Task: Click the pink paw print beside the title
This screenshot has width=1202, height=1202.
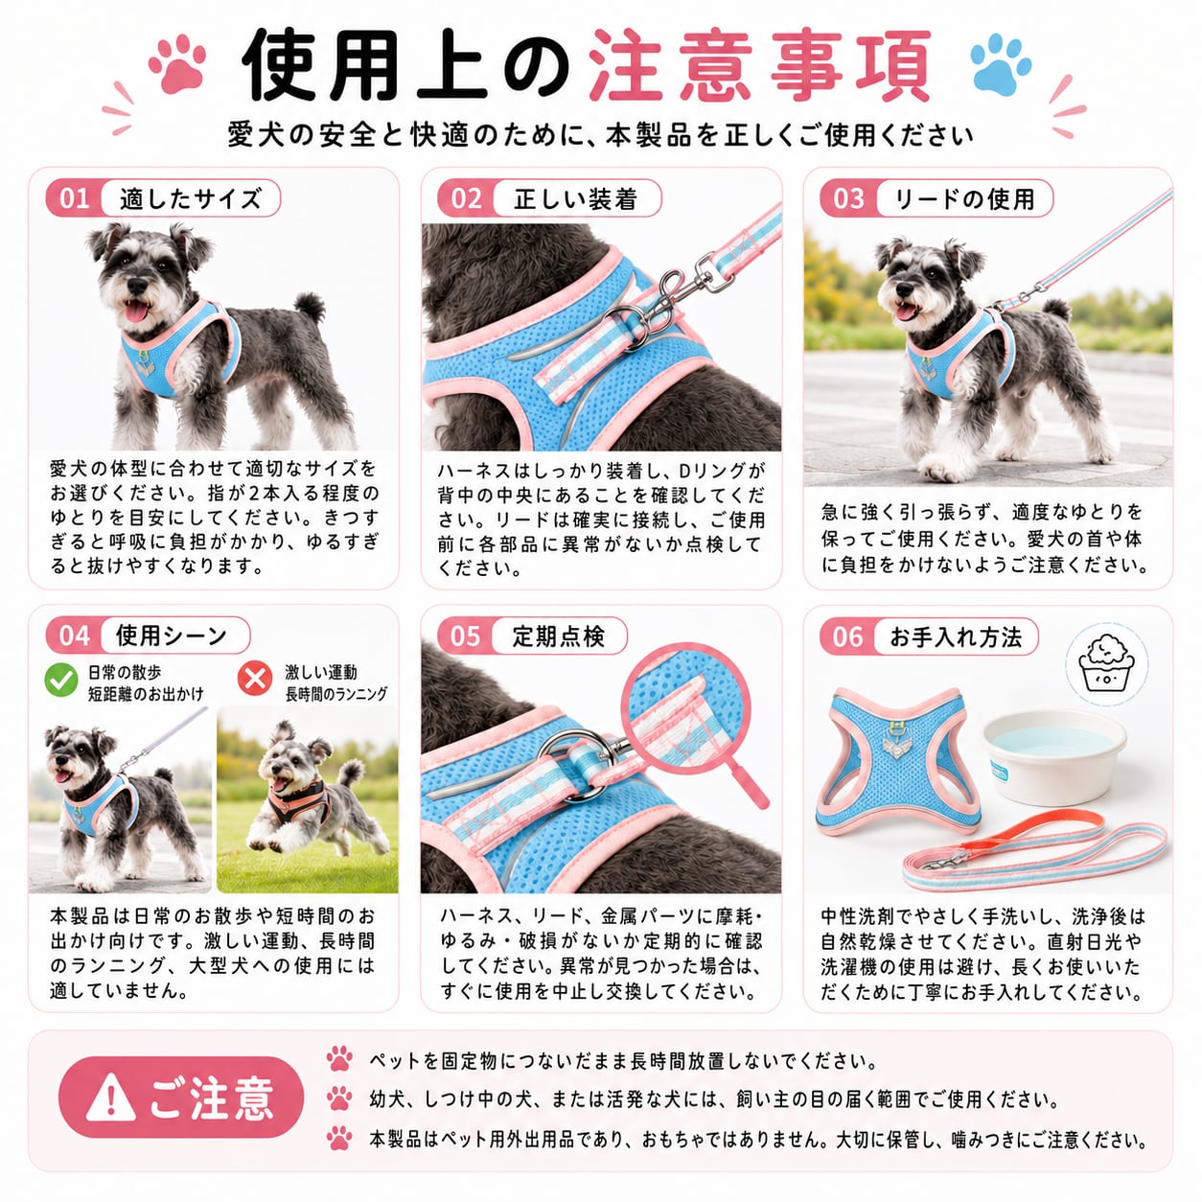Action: click(x=177, y=63)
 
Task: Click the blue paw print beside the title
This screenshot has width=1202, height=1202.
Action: click(x=1001, y=63)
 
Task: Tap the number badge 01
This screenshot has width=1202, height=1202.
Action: click(x=74, y=198)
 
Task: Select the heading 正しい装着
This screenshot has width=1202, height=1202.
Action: click(x=575, y=199)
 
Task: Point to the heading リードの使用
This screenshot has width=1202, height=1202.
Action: click(x=964, y=199)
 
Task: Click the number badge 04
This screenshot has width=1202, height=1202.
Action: click(x=74, y=636)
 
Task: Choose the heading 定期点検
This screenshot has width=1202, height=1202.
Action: click(x=558, y=636)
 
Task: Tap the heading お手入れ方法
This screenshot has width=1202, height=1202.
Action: click(x=955, y=636)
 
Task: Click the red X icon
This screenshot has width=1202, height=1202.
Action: click(x=255, y=679)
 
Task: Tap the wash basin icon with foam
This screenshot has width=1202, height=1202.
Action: click(x=1106, y=664)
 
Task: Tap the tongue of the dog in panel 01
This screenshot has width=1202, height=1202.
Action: click(x=138, y=310)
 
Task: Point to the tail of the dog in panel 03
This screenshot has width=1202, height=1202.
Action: click(x=1058, y=310)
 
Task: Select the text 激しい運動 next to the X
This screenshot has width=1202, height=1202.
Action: click(x=321, y=672)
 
